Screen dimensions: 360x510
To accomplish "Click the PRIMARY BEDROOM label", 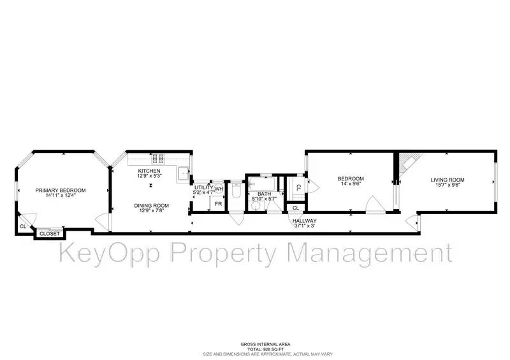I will tap(60, 190).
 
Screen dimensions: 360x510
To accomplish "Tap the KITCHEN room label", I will tap(151, 171).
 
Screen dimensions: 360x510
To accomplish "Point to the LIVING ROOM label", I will tap(447, 180).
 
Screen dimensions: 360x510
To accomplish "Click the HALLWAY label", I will tap(305, 220).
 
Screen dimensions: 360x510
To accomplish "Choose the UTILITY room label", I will tap(204, 189).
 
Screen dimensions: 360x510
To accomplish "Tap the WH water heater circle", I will tap(219, 189).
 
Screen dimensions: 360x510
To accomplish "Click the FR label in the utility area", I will tap(217, 204).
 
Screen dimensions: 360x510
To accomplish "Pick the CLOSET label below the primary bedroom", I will tap(50, 234).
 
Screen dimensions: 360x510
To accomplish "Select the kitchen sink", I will tap(183, 172).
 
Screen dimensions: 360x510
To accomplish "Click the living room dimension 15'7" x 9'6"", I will tap(447, 185).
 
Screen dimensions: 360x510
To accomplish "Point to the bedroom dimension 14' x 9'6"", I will tap(350, 184).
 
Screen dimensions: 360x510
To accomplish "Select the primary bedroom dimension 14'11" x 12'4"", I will tap(60, 196).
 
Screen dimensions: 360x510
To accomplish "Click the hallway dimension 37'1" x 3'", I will tap(305, 226).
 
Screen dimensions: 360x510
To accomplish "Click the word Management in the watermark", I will tap(369, 253).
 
